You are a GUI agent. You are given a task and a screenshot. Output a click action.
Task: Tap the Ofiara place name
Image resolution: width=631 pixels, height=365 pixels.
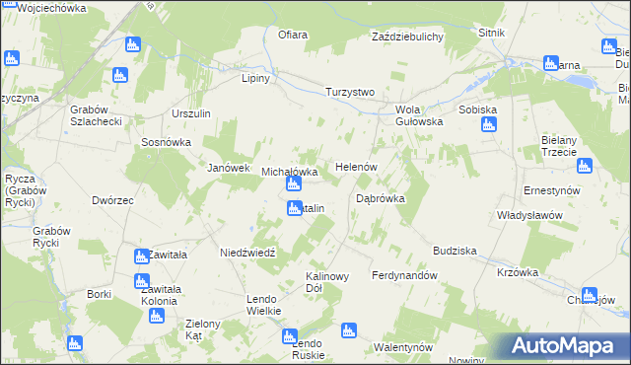[x=293, y=36]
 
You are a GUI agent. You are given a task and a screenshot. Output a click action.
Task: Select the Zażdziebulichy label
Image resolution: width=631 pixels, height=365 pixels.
[x=407, y=36]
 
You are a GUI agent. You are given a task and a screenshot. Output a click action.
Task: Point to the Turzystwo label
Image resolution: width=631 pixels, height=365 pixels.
[x=350, y=92]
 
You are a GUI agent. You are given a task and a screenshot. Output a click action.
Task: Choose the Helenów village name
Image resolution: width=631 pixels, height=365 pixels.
[x=357, y=167]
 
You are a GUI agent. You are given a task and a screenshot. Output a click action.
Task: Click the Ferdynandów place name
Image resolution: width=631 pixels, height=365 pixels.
[x=404, y=275]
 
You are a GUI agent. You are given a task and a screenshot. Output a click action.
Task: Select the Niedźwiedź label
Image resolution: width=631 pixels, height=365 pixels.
[x=252, y=253]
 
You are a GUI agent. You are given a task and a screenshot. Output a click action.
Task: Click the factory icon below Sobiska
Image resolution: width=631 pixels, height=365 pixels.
[x=489, y=125]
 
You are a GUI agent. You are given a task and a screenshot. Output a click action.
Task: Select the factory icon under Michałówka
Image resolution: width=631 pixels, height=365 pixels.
[x=293, y=184]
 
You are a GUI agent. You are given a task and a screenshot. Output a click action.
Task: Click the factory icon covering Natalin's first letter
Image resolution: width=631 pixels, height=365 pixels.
[x=295, y=208]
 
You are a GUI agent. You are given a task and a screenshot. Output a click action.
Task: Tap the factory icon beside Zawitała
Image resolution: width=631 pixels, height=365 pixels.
[x=142, y=255]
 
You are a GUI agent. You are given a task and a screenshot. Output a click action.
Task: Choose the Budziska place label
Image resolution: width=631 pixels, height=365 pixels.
[x=454, y=251]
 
